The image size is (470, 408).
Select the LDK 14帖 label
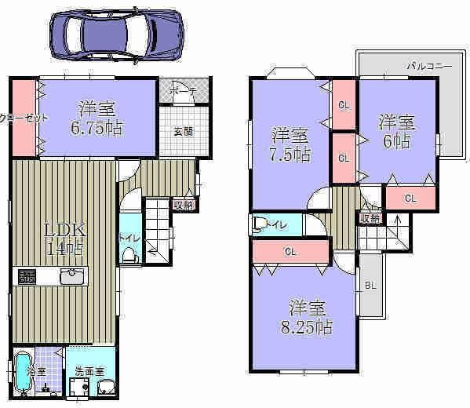click(63, 239)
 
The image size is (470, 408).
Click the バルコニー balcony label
click(428, 66)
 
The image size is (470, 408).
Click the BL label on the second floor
click(370, 286)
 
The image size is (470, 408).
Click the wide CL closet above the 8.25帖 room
click(290, 252)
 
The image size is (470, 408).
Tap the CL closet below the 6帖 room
click(410, 198)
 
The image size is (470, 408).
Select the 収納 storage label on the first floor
click(183, 205)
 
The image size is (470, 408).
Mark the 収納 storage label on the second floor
click(370, 217)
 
